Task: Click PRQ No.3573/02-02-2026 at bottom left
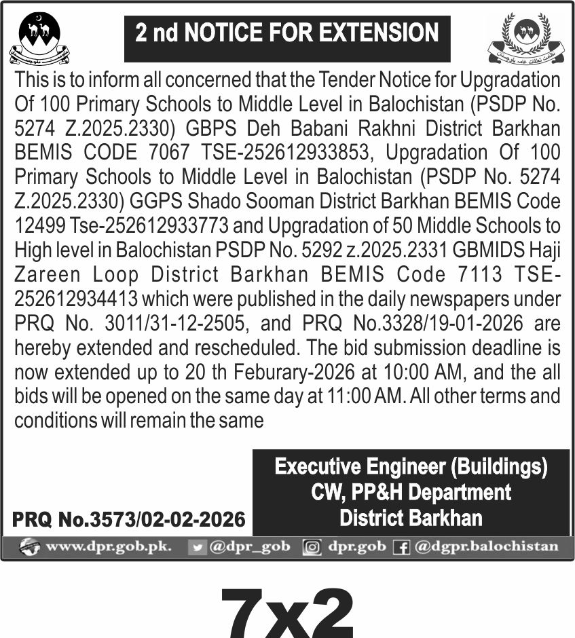pos(129,520)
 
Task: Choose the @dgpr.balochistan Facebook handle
pos(486,546)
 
